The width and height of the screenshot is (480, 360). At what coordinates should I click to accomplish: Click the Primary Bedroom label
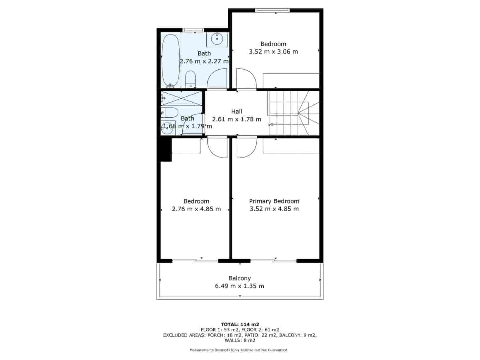coord(274,201)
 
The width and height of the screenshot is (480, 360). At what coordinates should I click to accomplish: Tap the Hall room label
coord(236,112)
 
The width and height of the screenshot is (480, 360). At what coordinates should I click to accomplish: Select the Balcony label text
coord(239,278)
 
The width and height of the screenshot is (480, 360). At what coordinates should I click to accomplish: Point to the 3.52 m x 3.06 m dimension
coord(273,52)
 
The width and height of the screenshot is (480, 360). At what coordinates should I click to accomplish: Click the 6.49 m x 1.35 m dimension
coord(239,286)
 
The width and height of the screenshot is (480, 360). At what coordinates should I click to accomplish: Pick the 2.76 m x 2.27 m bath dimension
coord(204,61)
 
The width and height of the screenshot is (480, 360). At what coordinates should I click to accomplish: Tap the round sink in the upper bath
coord(216,39)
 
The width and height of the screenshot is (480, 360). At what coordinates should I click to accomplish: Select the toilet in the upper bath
coord(190,79)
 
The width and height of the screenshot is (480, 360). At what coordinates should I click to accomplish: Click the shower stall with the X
coord(182,98)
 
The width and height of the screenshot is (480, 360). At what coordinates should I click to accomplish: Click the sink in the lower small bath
coord(167,128)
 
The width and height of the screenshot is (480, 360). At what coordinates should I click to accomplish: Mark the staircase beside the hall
coord(294,113)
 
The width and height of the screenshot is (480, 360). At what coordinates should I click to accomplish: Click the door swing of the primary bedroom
coord(247,147)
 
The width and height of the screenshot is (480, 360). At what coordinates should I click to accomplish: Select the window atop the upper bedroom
coord(272,10)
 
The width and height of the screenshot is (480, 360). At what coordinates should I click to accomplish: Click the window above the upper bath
coord(193,30)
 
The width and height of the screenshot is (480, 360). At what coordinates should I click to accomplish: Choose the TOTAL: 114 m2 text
coord(240,324)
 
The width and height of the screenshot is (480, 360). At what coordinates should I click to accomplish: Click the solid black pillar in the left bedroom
coord(166,150)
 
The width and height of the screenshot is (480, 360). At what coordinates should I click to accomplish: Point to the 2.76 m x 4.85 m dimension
coord(196,209)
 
